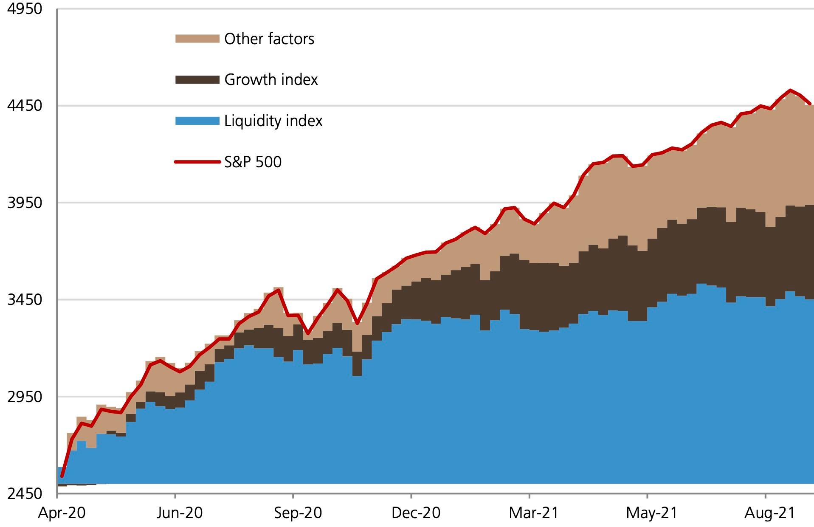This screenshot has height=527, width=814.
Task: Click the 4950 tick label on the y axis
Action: point(25,8)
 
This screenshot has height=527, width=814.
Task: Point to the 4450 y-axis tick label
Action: point(25,105)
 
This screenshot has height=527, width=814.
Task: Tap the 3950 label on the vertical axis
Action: point(25,203)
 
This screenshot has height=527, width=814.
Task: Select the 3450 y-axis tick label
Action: point(25,299)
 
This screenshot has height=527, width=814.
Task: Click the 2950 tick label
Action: point(25,397)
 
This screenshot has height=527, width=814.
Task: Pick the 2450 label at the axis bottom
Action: point(25,493)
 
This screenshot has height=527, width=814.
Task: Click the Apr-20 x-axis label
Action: point(62,513)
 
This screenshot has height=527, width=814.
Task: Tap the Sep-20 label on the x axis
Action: point(298,513)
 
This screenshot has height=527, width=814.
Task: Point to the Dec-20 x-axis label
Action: point(416,513)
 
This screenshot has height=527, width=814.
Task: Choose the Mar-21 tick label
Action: point(534,513)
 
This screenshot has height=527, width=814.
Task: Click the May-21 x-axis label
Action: point(651,513)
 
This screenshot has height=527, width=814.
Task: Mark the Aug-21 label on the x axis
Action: point(769,513)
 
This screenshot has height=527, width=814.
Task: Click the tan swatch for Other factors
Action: point(197,39)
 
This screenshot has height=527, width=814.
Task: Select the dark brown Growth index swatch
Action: point(197,79)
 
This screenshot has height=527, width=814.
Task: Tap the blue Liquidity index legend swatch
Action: point(197,121)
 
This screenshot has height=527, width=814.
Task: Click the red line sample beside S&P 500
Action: point(197,162)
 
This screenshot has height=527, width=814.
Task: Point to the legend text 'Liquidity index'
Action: point(273,121)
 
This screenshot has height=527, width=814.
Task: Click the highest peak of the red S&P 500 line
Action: point(790,90)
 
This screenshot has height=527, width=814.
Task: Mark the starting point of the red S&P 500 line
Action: point(62,477)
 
